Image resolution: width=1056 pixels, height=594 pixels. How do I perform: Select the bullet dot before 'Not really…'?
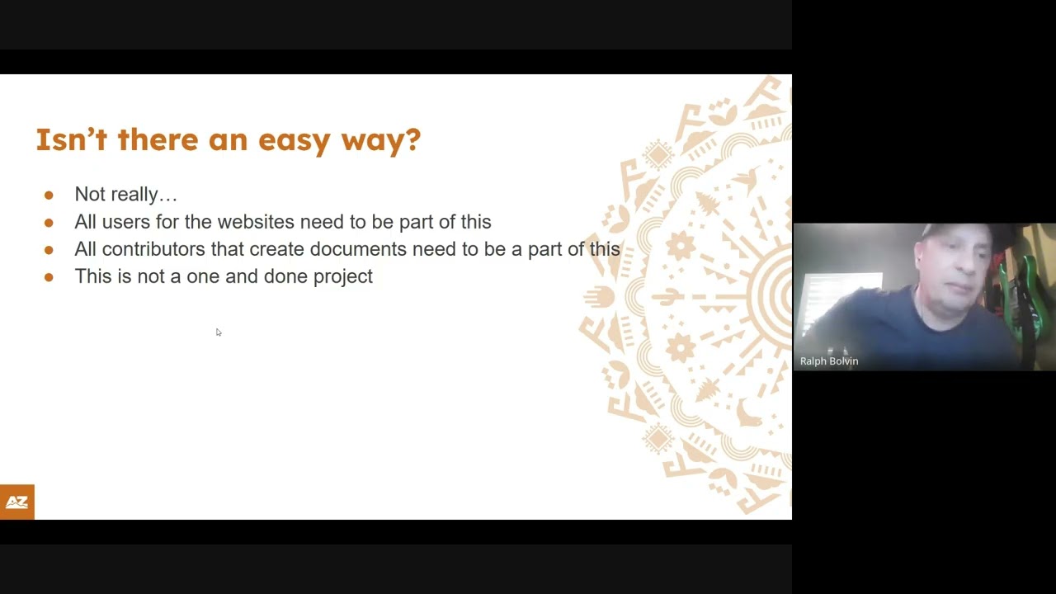pos(49,196)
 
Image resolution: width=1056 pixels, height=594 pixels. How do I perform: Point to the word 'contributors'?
pos(153,249)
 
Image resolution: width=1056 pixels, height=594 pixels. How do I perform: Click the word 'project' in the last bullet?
pos(342,277)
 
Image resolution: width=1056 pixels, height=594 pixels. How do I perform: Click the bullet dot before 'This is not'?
pos(49,277)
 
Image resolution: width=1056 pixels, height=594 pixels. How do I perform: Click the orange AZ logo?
pos(16,502)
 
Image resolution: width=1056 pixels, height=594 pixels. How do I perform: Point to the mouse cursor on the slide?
pos(219,332)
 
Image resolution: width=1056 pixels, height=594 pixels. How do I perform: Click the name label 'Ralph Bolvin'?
pos(829,361)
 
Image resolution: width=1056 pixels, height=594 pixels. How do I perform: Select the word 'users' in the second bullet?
pos(129,222)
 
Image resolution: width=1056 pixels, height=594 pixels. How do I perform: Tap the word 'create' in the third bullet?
pos(276,249)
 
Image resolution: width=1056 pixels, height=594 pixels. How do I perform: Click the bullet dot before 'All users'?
pos(49,223)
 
